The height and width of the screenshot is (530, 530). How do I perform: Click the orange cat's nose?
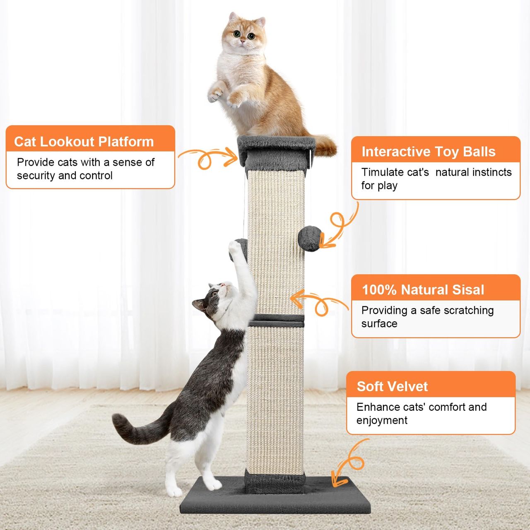point(243,41)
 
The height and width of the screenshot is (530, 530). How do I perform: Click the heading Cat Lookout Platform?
point(84,142)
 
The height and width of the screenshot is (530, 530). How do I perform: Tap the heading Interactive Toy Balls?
point(429,152)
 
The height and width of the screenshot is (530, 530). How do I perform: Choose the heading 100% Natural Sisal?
point(423,290)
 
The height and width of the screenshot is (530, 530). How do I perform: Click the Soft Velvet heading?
point(392,386)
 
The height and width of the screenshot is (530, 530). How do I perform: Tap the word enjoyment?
point(382,421)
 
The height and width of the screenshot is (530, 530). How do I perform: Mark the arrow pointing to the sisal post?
point(319,303)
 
